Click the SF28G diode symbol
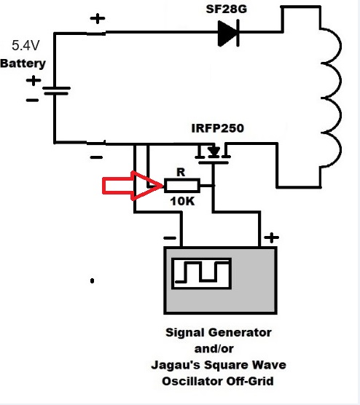(x=228, y=34)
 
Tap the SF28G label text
(x=227, y=9)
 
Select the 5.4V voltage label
(x=26, y=45)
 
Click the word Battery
(x=23, y=63)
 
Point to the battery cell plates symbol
(x=56, y=90)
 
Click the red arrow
(x=133, y=186)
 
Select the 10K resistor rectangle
(x=182, y=186)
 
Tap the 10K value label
(x=182, y=201)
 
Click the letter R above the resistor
(x=181, y=172)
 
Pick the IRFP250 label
(x=218, y=128)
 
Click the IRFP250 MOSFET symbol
(x=213, y=155)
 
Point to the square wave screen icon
(x=202, y=274)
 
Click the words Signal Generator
(x=219, y=332)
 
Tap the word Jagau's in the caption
(x=176, y=365)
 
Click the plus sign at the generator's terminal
(x=271, y=237)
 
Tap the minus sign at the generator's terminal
(x=170, y=238)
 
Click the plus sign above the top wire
(x=98, y=18)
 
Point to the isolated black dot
(x=92, y=280)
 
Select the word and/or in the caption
(x=214, y=349)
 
